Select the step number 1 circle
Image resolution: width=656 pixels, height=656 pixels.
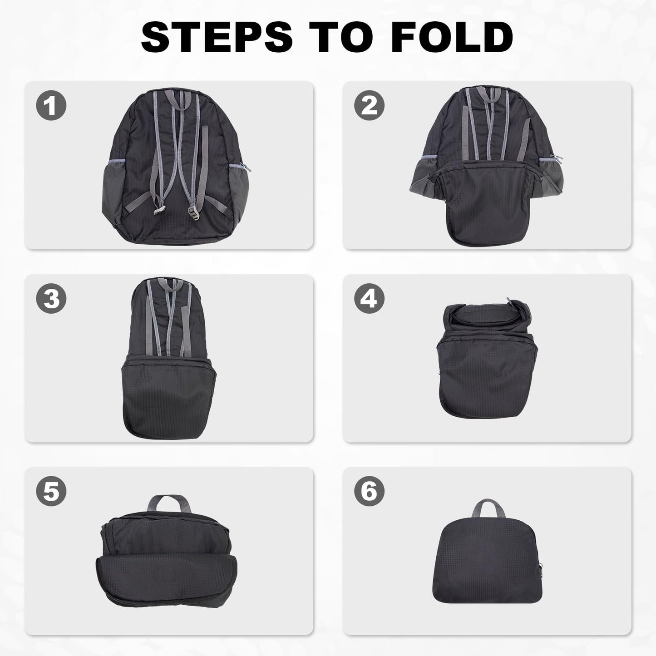tap(51, 106)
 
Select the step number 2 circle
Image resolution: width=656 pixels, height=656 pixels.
tap(369, 106)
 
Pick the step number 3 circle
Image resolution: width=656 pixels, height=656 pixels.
tap(51, 299)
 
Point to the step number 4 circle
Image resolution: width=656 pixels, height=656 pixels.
tap(369, 299)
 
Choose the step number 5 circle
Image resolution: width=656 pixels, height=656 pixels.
tap(51, 492)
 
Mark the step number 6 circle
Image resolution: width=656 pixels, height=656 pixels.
tap(369, 492)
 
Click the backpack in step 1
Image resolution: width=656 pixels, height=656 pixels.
tap(176, 168)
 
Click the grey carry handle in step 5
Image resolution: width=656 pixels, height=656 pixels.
tap(169, 504)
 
